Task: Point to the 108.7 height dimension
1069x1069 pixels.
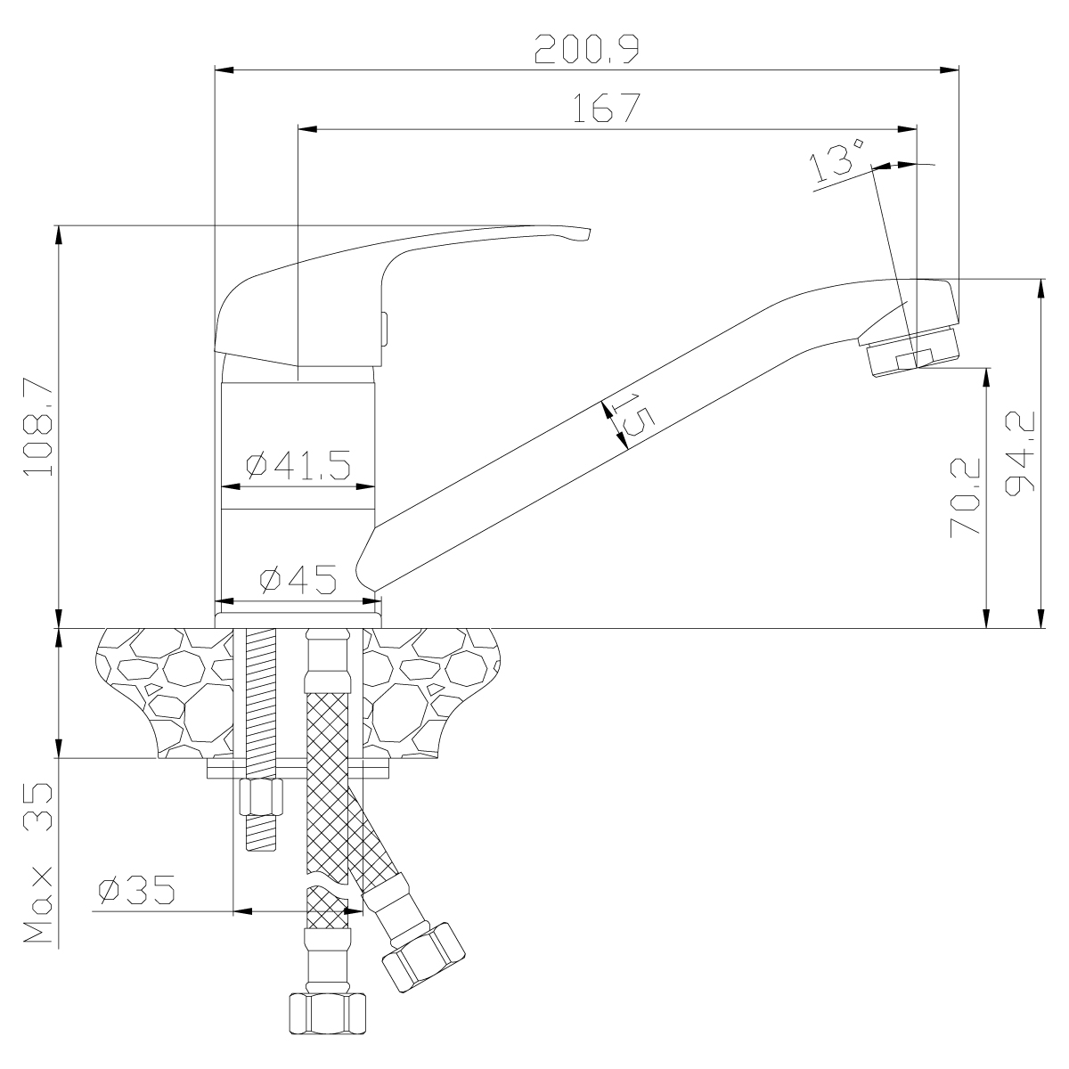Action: pos(41,427)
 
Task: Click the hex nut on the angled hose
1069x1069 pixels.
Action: pos(422,957)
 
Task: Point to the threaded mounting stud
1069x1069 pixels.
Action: pos(261,695)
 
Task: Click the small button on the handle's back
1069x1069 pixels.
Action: pos(384,328)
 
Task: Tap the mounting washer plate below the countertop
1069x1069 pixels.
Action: pos(298,769)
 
